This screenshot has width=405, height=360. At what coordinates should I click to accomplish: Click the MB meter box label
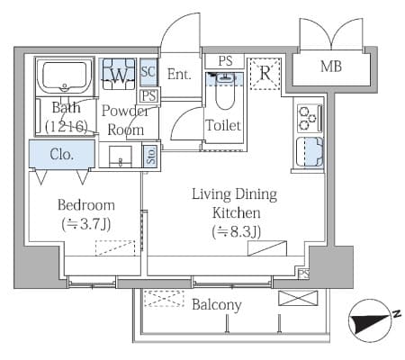click(x=331, y=67)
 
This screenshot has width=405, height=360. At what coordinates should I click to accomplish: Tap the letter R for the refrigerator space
click(x=265, y=73)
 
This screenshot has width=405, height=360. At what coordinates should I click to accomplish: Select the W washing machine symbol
click(x=119, y=75)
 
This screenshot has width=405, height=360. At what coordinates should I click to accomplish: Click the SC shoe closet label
click(x=148, y=72)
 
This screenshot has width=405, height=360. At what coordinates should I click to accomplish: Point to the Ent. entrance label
click(x=179, y=74)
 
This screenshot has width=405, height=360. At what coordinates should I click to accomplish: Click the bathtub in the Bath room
click(x=64, y=76)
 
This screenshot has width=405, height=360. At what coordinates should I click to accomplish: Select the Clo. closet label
click(x=62, y=154)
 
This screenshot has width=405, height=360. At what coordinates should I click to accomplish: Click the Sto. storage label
click(x=152, y=156)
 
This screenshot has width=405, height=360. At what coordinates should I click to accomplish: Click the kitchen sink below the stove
click(x=310, y=151)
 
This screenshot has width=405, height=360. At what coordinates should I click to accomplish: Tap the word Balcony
click(x=217, y=305)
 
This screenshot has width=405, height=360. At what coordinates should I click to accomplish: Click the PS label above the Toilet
click(x=225, y=61)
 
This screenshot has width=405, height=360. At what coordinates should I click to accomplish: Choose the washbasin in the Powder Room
click(x=120, y=156)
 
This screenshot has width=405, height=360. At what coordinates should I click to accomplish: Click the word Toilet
click(x=223, y=125)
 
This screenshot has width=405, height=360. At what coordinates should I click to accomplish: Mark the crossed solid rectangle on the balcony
click(x=298, y=298)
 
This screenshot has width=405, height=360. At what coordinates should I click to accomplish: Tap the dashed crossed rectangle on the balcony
click(x=164, y=299)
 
